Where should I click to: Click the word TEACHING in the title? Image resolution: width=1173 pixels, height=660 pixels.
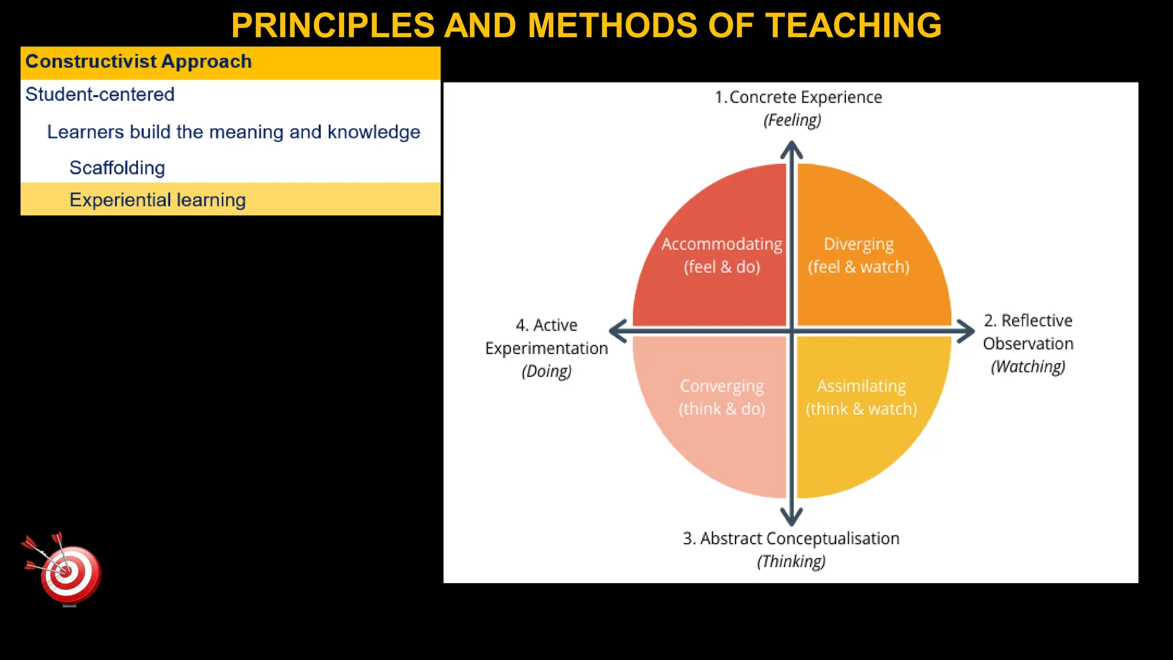point(853,26)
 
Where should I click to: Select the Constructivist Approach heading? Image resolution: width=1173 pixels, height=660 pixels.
point(139,61)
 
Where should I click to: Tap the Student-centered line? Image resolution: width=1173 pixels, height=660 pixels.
point(100,95)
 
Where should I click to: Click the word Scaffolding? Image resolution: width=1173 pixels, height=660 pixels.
point(117,168)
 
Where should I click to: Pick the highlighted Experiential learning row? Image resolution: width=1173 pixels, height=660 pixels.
point(158,200)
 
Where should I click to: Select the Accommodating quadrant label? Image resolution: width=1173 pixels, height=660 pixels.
point(722,245)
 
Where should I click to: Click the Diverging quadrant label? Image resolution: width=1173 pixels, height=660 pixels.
point(858,245)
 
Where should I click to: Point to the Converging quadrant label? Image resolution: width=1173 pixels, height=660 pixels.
point(722,387)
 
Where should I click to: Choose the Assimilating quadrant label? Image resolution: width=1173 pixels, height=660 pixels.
point(861,387)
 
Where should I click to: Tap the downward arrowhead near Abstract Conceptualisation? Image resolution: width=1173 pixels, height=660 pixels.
point(792,517)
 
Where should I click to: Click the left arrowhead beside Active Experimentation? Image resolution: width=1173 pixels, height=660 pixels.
point(617,331)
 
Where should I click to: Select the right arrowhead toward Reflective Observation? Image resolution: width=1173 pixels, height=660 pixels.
point(967,331)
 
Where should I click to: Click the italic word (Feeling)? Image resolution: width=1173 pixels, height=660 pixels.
point(792,120)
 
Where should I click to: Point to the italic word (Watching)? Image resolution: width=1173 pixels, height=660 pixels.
point(1028,367)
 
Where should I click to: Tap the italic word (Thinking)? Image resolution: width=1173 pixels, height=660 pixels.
point(791,561)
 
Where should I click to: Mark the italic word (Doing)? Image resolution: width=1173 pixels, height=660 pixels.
point(546,371)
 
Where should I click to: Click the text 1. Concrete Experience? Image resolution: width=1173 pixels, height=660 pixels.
point(798,97)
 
